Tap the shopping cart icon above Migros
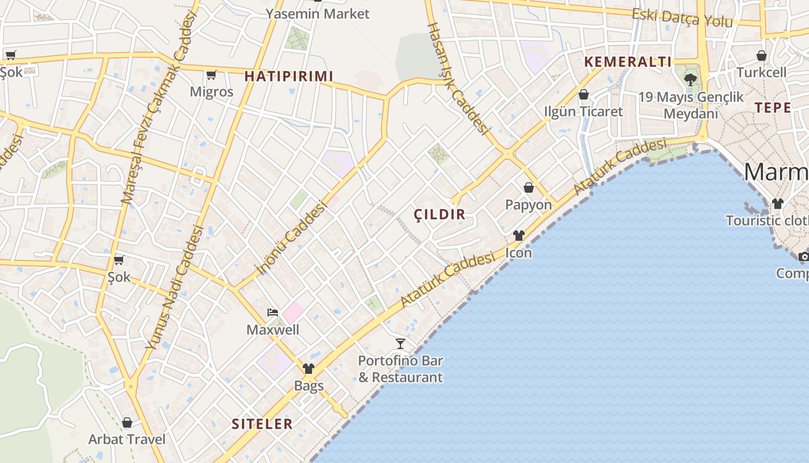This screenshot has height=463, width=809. tap(211, 75)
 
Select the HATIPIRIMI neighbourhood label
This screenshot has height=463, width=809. tap(289, 76)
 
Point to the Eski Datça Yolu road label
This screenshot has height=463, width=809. tap(682, 17)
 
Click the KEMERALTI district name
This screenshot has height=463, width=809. tap(628, 62)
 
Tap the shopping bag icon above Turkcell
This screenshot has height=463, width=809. tap(762, 56)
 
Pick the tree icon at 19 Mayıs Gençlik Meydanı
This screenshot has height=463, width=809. tap(690, 79)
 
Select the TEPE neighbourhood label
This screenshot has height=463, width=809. tap(773, 108)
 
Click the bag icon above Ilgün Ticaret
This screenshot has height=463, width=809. tap(584, 94)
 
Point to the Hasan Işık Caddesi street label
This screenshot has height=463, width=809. tap(458, 78)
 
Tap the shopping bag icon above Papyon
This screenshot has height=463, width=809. tap(528, 188)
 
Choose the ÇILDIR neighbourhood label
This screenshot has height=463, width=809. tap(440, 215)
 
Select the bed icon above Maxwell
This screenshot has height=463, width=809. tap(273, 313)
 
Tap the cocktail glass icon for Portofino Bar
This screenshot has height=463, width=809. tap(400, 344)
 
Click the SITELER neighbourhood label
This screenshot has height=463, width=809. tap(262, 424)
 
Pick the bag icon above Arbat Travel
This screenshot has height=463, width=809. tap(127, 423)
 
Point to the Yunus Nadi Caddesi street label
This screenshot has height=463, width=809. tap(173, 286)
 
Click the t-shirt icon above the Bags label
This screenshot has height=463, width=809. tap(309, 369)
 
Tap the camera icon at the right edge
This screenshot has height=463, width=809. tap(803, 256)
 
